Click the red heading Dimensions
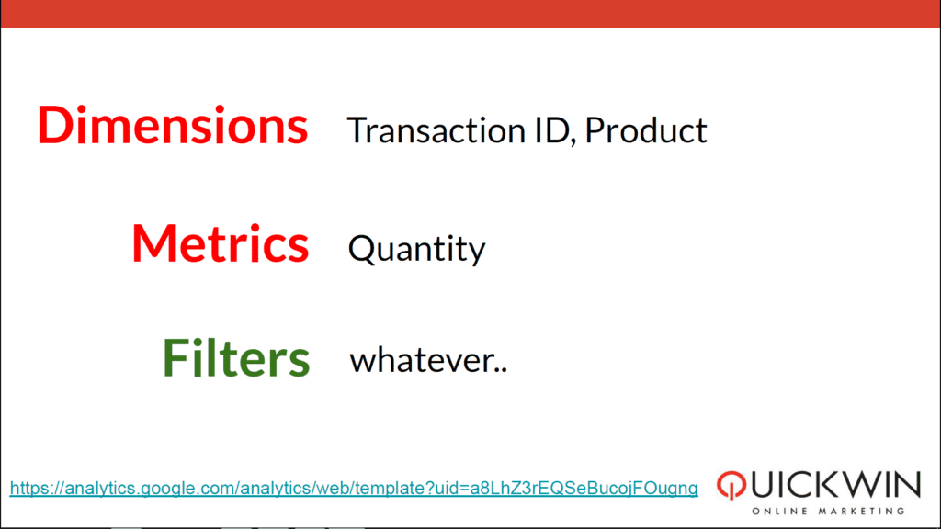[172, 125]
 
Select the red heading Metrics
[221, 242]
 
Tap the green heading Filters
[236, 357]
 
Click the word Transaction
[436, 130]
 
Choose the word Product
[646, 130]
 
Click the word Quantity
[416, 249]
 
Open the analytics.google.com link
[354, 489]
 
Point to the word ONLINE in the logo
[780, 511]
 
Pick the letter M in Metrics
[155, 242]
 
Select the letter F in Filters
[176, 357]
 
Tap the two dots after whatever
[502, 370]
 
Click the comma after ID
[573, 141]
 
